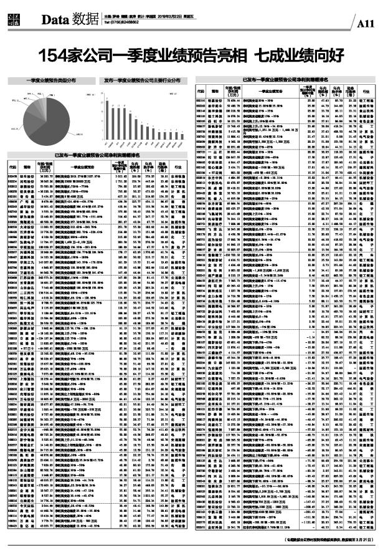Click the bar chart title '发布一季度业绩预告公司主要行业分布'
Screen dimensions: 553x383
click(x=142, y=80)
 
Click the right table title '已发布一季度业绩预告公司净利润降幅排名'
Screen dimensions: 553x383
click(x=286, y=80)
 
